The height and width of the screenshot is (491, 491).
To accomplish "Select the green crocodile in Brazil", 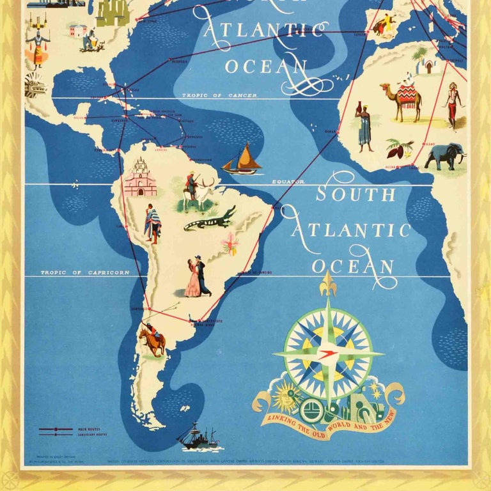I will (210, 219).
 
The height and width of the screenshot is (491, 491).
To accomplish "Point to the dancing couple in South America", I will (198, 277).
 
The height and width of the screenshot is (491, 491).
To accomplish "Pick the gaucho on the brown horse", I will (153, 337).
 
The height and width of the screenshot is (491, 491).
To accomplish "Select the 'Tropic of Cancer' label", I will (219, 95).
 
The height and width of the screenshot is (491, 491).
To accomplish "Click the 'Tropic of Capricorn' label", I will (85, 272).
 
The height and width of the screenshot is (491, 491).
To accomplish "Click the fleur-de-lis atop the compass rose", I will (328, 283).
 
